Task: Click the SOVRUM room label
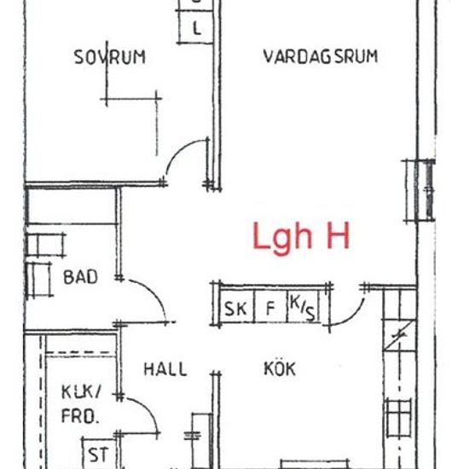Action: click(x=109, y=57)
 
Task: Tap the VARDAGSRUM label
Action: click(x=321, y=56)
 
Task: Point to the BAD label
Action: click(x=80, y=277)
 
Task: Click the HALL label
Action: click(x=165, y=369)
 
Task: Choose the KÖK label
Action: click(x=280, y=368)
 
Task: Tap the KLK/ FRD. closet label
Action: click(x=81, y=404)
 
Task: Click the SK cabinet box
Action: click(x=236, y=306)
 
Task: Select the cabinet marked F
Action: click(x=270, y=306)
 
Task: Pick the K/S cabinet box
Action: click(x=303, y=306)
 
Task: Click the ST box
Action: click(x=99, y=454)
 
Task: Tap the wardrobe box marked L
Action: click(x=196, y=27)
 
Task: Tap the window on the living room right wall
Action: click(x=420, y=191)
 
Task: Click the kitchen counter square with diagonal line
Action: click(x=399, y=335)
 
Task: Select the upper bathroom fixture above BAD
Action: click(x=46, y=246)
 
